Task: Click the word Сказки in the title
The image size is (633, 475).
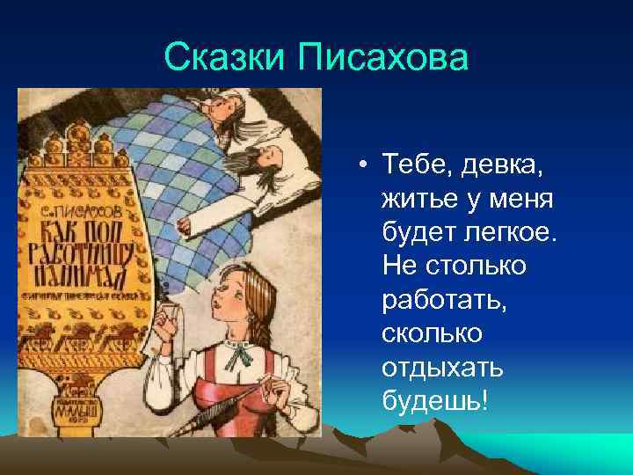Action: (225, 60)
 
